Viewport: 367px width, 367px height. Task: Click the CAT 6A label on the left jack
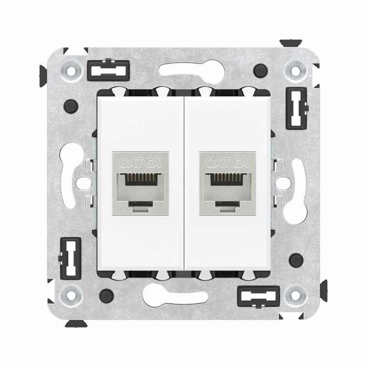(140, 162)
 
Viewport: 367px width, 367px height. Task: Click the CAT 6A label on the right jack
(227, 162)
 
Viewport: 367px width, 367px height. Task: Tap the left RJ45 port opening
(140, 191)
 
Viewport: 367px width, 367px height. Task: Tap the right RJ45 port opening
(227, 191)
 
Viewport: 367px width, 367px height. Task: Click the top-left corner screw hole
(70, 70)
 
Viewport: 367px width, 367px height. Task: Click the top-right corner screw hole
(296, 70)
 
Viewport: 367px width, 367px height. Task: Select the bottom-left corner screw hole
(71, 296)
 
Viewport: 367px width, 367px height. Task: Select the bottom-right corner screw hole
(296, 296)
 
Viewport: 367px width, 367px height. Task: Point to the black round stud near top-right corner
(260, 70)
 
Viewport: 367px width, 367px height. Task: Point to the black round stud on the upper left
(71, 106)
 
